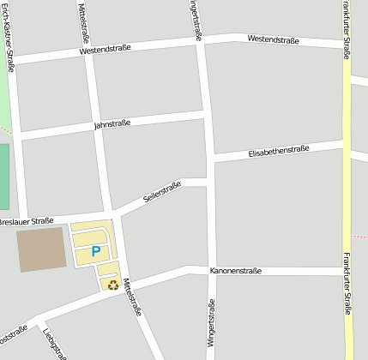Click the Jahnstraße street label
tap(112, 124)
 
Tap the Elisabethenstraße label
tap(278, 151)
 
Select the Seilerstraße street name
tap(162, 192)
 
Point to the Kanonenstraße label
tap(235, 271)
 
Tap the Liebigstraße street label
tap(53, 341)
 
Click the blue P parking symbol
tap(96, 251)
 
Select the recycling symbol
tap(112, 285)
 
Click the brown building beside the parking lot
tap(41, 249)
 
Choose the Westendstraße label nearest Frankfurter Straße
tap(273, 39)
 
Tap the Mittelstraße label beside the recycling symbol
tap(130, 297)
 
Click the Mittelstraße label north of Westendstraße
tap(84, 23)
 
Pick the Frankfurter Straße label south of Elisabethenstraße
tap(347, 283)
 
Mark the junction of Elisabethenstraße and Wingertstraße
tap(210, 159)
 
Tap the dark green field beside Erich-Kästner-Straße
tap(3, 176)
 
